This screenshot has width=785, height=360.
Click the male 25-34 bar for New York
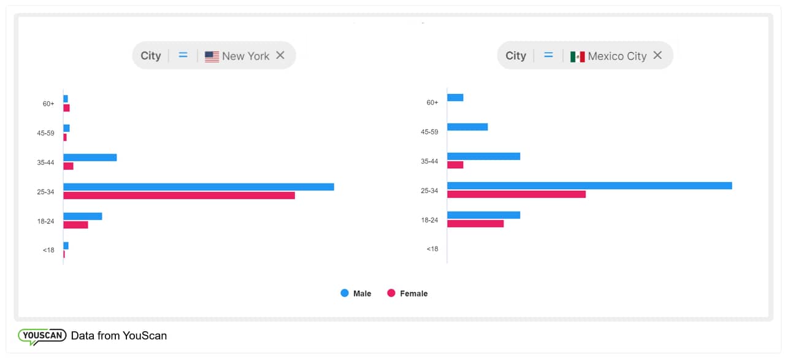click(199, 186)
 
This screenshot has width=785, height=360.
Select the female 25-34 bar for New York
click(179, 196)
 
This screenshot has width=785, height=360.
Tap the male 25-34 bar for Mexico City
click(589, 185)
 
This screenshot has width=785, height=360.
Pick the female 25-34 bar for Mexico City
click(516, 194)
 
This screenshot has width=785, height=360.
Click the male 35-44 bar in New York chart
click(90, 158)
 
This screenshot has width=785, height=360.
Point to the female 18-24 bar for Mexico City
click(475, 224)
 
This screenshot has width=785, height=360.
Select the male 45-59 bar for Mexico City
click(467, 127)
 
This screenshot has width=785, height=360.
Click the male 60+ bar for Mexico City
click(455, 98)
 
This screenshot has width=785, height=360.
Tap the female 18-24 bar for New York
click(75, 225)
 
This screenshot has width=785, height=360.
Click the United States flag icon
click(212, 56)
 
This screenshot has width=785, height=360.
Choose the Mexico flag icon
click(577, 56)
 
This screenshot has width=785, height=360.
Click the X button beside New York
click(280, 55)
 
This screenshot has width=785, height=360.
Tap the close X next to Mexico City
click(657, 55)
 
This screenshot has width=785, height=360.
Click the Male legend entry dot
click(345, 293)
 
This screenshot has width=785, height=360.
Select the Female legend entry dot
click(391, 293)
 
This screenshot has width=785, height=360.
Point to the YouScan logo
click(42, 336)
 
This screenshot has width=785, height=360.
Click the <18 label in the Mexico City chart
click(432, 249)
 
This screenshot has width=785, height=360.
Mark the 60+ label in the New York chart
click(48, 104)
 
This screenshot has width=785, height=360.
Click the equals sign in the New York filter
click(183, 55)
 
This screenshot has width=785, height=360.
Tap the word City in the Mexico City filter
click(516, 56)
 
